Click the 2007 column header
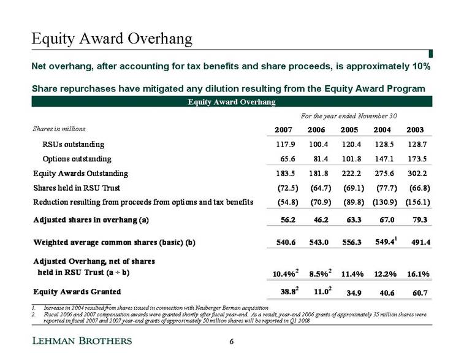tap(283, 129)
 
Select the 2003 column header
tap(415, 129)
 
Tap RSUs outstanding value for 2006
tap(318, 145)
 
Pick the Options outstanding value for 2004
tap(384, 159)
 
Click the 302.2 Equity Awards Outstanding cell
tap(417, 174)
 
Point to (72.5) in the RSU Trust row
tap(287, 188)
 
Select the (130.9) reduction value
tap(385, 202)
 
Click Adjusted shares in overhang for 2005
tap(354, 220)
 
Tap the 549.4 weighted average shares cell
tap(385, 242)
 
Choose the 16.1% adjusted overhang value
tap(418, 274)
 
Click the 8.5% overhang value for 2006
tap(319, 274)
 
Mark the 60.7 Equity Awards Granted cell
tap(420, 293)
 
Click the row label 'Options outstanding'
tap(77, 159)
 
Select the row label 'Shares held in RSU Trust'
tap(77, 188)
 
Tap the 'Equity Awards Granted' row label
tap(77, 291)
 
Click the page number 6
tap(232, 342)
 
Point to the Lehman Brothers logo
tap(82, 341)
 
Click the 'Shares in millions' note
tap(59, 129)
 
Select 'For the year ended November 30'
tap(349, 116)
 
